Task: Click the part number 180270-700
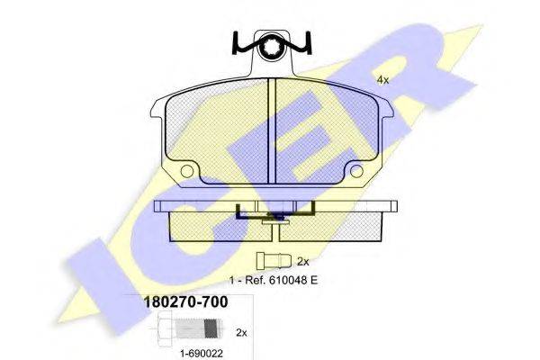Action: pyautogui.click(x=185, y=302)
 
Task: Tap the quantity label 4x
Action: pyautogui.click(x=383, y=80)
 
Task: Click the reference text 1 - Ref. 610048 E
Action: pyautogui.click(x=274, y=280)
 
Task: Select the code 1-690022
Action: pyautogui.click(x=202, y=354)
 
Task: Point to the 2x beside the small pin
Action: pyautogui.click(x=303, y=262)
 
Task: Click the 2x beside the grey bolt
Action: pyautogui.click(x=241, y=333)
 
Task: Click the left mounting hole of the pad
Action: pyautogui.click(x=187, y=171)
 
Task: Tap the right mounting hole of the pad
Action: pyautogui.click(x=356, y=171)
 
